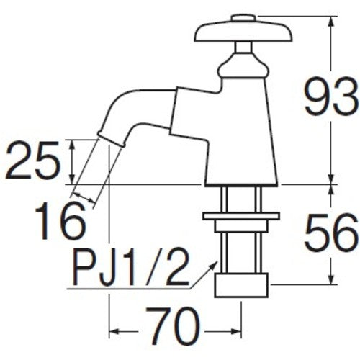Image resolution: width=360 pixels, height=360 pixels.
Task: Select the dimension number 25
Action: point(32,163)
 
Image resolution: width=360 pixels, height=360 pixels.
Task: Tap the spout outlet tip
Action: point(107,135)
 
